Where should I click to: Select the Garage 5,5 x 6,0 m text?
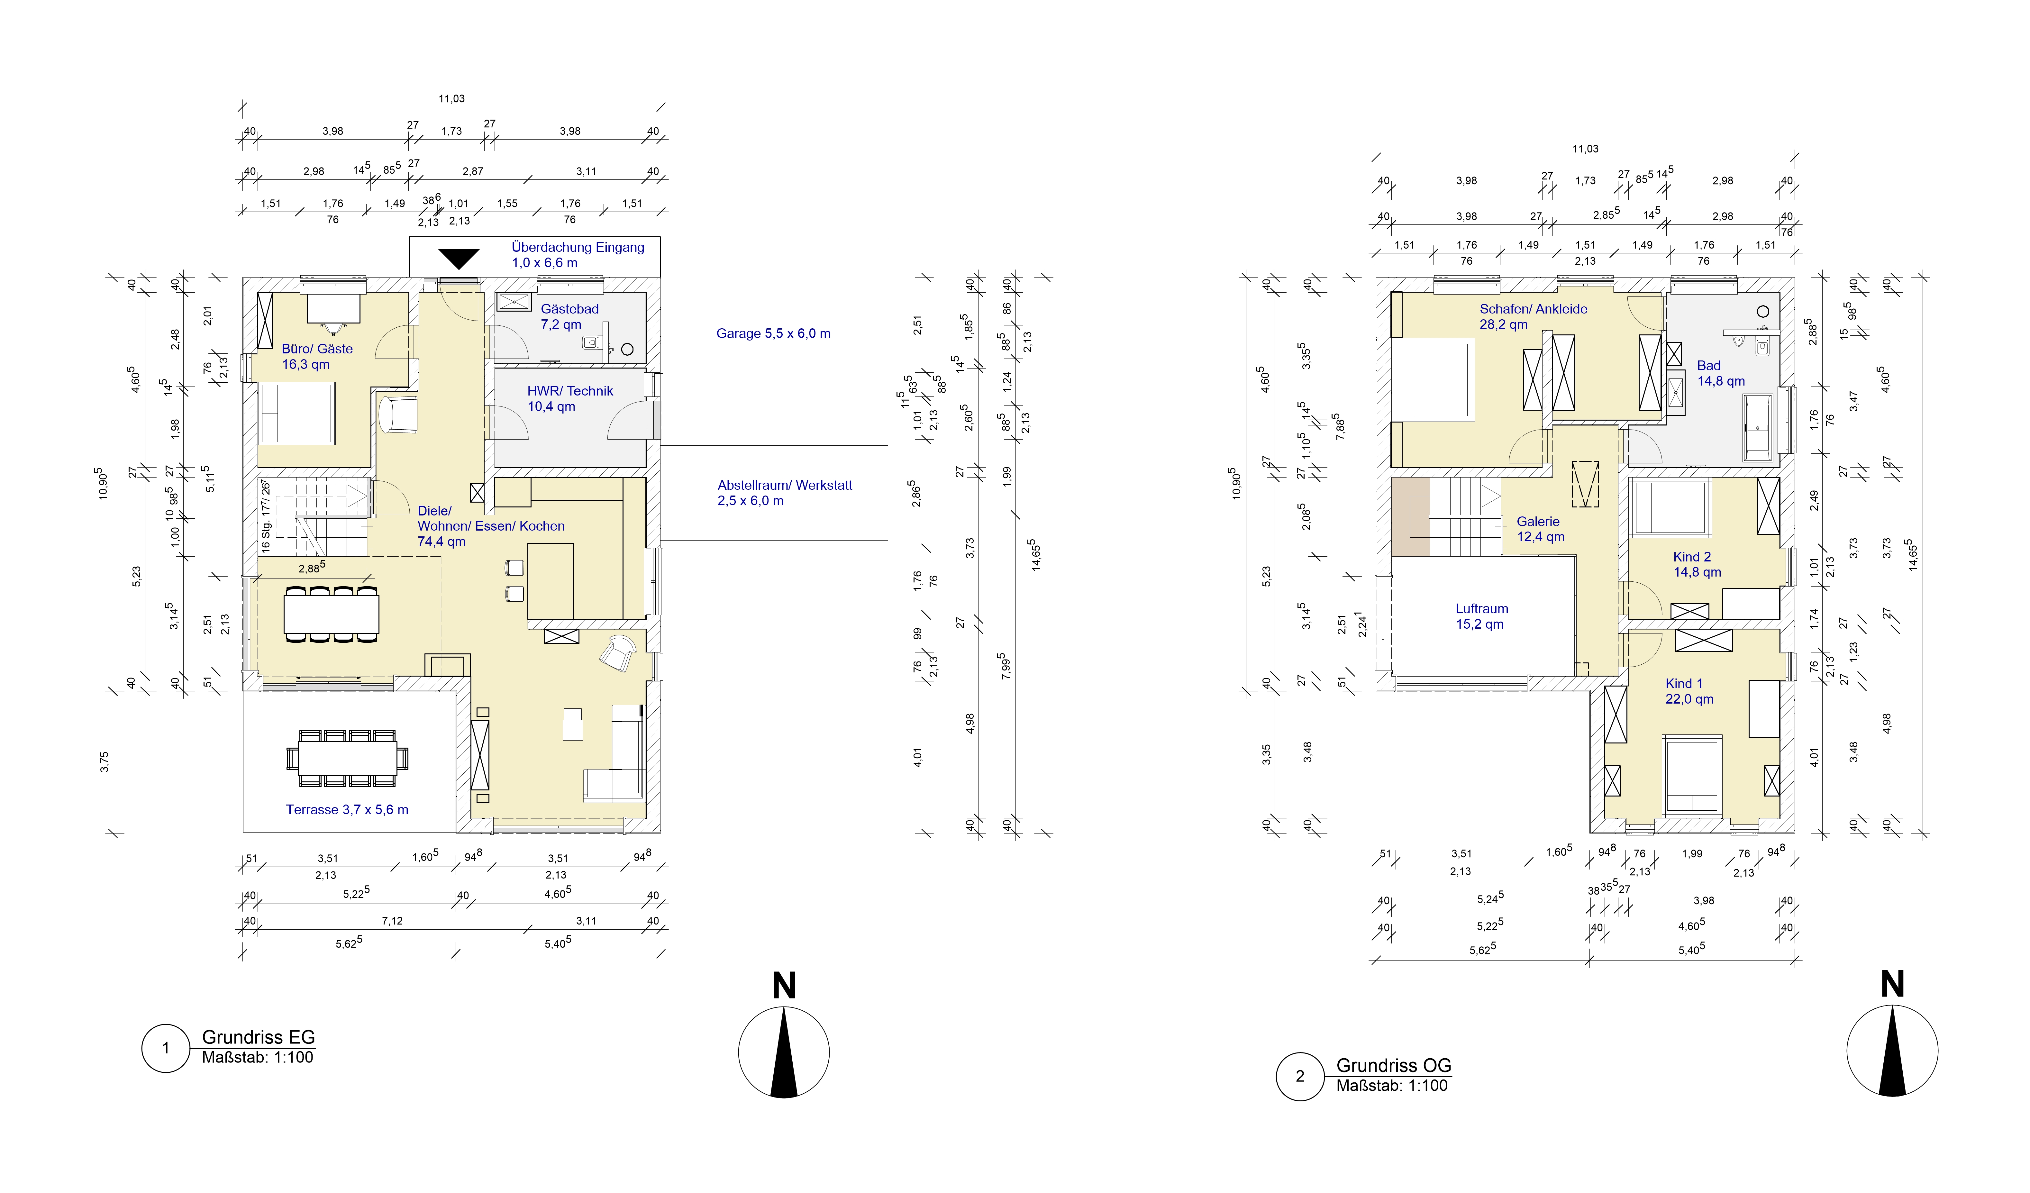point(773,333)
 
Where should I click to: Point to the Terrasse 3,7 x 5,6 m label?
point(347,810)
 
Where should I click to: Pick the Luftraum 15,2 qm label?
point(1481,616)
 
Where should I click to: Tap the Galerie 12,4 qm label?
point(1540,529)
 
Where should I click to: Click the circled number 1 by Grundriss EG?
point(166,1048)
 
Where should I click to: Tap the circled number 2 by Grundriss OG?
point(1300,1076)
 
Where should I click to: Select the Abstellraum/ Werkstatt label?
point(785,493)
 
